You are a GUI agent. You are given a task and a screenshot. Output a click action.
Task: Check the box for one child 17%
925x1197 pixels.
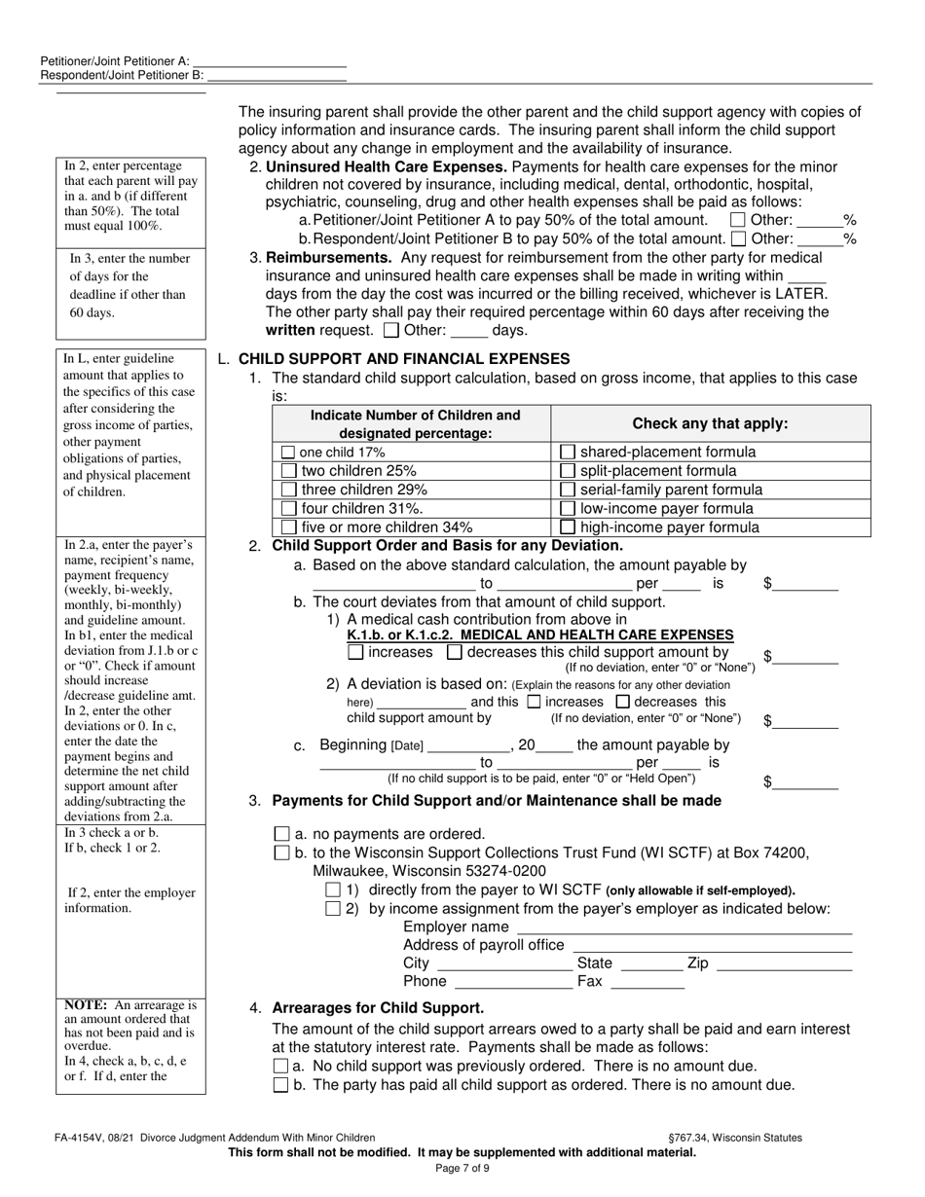(x=288, y=453)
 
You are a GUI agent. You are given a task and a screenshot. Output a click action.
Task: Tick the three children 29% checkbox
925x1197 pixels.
(x=288, y=490)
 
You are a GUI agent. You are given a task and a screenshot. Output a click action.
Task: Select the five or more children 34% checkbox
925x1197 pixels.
(x=288, y=528)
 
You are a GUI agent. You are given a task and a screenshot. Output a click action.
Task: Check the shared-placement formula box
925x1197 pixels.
(x=568, y=453)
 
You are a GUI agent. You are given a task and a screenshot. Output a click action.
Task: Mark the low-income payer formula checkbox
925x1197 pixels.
(x=568, y=509)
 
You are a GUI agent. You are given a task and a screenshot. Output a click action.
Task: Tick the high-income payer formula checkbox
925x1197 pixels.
(x=568, y=528)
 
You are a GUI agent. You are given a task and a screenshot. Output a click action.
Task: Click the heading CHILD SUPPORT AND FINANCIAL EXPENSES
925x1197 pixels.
(x=404, y=358)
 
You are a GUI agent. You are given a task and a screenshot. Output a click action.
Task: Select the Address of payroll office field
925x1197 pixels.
(x=712, y=945)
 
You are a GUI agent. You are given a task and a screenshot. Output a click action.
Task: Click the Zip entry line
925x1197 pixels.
(x=784, y=963)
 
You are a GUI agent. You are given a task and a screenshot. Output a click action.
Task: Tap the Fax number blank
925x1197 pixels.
(x=647, y=982)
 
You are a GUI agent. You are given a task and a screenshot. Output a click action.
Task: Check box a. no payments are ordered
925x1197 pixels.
(x=282, y=834)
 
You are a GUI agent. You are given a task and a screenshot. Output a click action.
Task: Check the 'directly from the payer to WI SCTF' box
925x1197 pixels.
(x=333, y=889)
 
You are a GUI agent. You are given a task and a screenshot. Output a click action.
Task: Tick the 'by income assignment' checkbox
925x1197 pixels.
(x=333, y=909)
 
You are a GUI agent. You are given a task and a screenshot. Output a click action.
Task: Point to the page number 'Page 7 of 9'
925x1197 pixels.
(x=462, y=1169)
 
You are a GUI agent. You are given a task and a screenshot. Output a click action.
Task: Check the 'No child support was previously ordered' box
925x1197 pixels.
(x=281, y=1067)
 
